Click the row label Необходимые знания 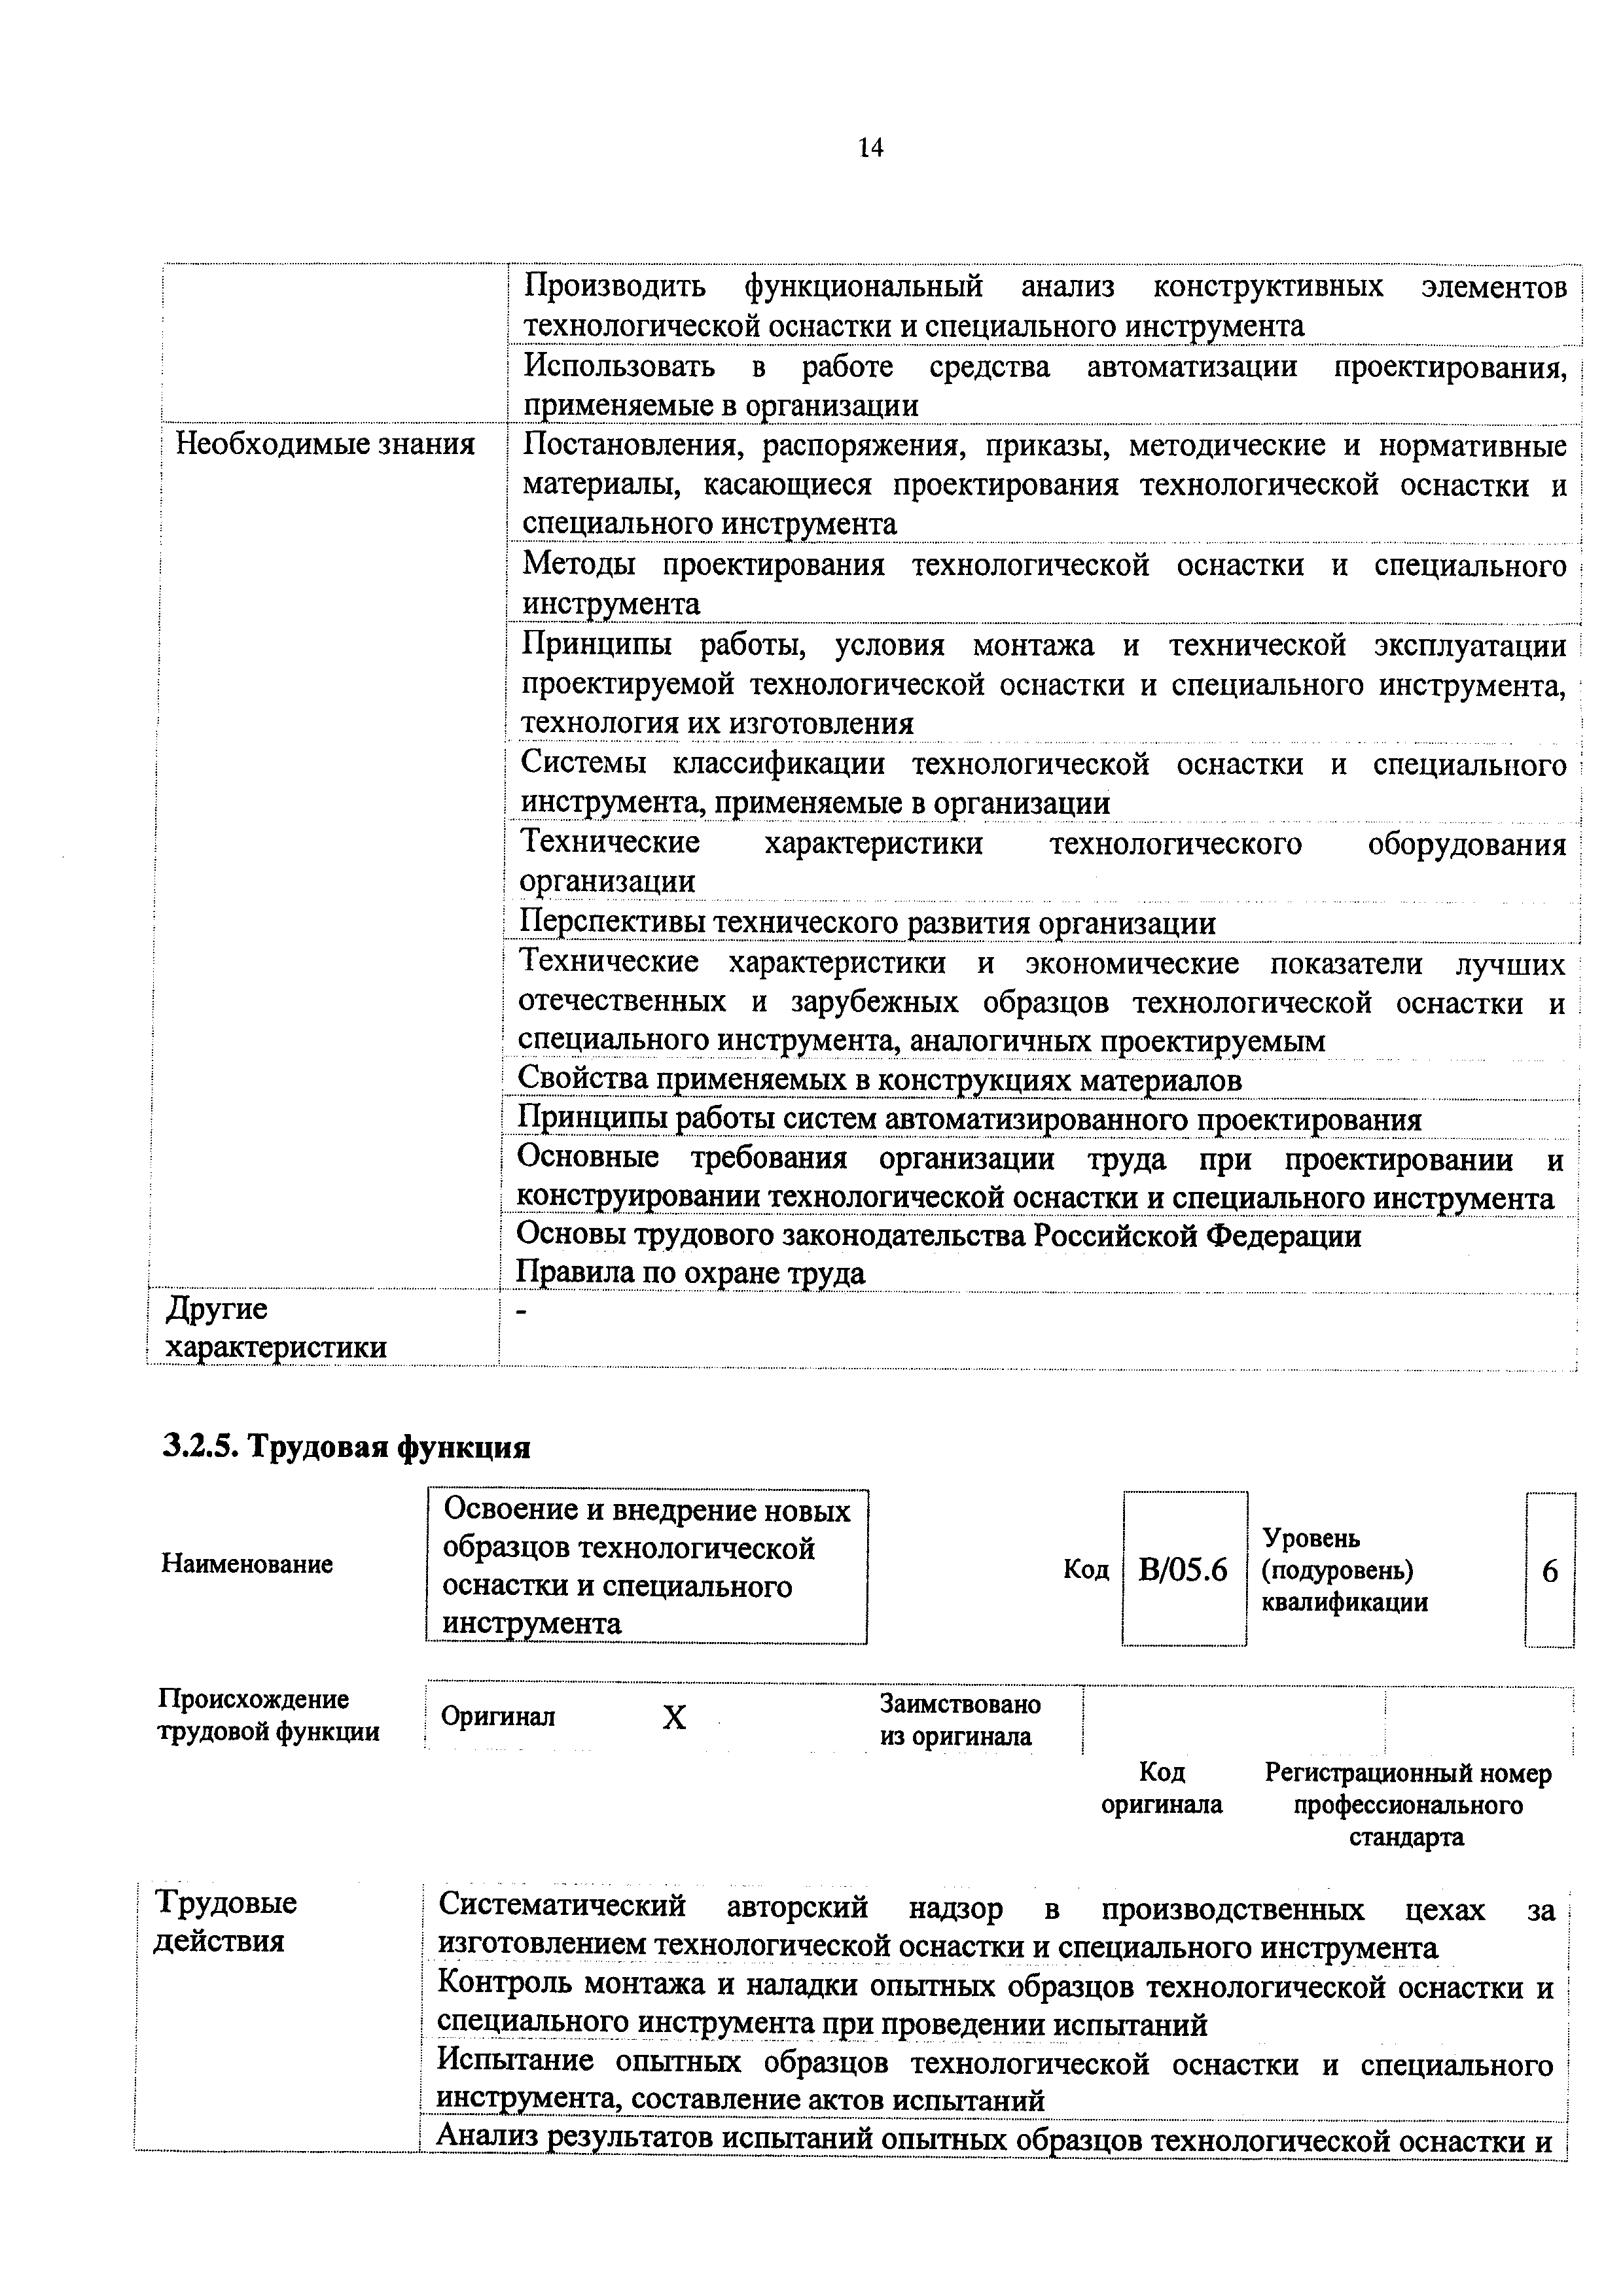coord(325,445)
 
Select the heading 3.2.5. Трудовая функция coord(346,1446)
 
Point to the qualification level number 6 coord(1549,1571)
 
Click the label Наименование coord(247,1564)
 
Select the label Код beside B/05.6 coord(1086,1570)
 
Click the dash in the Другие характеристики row coord(521,1310)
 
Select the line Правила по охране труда coord(690,1274)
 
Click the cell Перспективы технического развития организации coord(867,922)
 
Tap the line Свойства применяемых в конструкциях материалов coord(879,1081)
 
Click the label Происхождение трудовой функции coord(268,1715)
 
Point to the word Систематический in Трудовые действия coord(563,1906)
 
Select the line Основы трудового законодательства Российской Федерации coord(938,1236)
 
